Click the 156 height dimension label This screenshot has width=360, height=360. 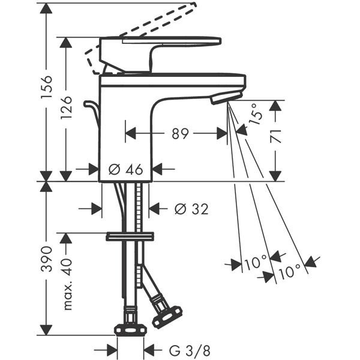pos(47,86)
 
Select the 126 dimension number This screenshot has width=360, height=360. pos(67,107)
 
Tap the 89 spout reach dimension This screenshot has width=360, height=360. pos(180,134)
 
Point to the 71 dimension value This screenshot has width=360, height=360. pos(276,136)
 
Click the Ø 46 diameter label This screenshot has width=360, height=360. pos(126,169)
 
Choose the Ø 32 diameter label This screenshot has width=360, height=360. pos(191,209)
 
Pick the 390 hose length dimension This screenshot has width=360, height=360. pos(47,259)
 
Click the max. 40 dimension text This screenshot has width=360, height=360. pos(67,284)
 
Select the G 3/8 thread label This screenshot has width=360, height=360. pos(190,350)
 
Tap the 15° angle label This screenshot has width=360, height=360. pos(256,113)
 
